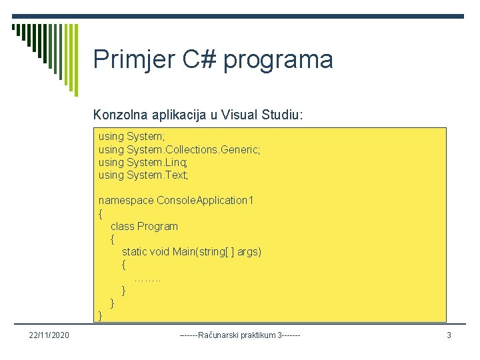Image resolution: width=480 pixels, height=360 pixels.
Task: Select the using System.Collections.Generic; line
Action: (179, 149)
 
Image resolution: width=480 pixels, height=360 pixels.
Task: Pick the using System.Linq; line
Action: (143, 162)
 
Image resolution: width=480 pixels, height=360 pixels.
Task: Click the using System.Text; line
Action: (143, 175)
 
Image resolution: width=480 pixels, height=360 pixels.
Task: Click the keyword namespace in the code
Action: (126, 200)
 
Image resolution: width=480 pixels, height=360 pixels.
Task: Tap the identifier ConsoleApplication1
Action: (205, 200)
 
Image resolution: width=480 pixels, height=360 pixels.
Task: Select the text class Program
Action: (144, 226)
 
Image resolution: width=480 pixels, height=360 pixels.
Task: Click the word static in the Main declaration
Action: (135, 251)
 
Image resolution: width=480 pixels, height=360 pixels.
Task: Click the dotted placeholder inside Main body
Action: (147, 277)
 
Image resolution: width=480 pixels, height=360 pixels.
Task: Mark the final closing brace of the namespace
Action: (101, 315)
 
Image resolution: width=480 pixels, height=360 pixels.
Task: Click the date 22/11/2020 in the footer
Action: (45, 335)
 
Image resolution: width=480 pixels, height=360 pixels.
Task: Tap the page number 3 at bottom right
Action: (449, 335)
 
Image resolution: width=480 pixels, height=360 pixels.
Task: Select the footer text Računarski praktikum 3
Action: (240, 335)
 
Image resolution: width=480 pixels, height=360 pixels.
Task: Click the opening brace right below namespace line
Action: (101, 213)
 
